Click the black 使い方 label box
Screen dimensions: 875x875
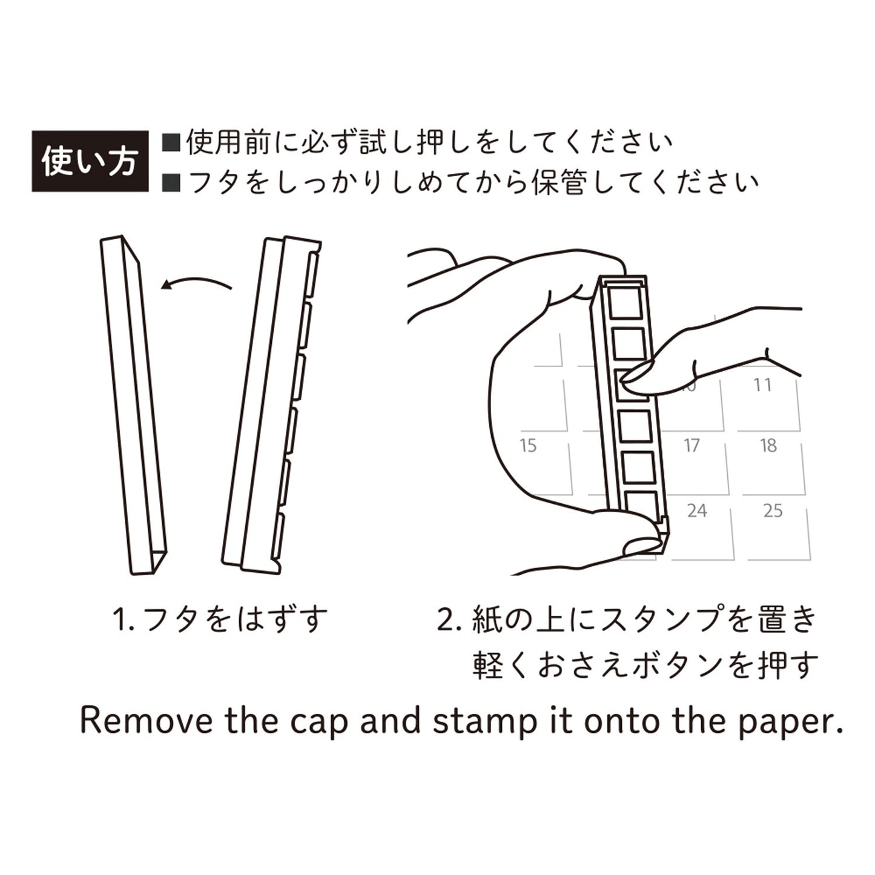click(90, 161)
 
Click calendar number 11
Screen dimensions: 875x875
click(762, 385)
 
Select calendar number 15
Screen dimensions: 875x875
click(528, 446)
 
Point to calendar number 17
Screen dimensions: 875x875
click(692, 446)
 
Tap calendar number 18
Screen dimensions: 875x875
click(768, 446)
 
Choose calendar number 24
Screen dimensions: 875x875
click(696, 511)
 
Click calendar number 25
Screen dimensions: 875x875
click(773, 511)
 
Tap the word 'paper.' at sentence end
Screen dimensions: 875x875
click(790, 721)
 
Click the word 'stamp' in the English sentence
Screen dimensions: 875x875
click(484, 721)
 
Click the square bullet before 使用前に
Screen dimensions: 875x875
click(171, 144)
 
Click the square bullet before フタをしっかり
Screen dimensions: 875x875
click(171, 182)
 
